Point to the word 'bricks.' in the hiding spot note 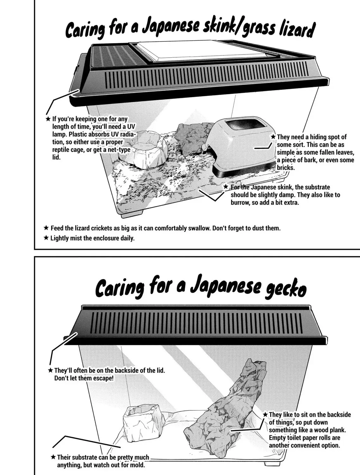coord(285,168)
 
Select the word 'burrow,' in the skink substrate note coord(240,203)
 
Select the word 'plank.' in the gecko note coord(337,430)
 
